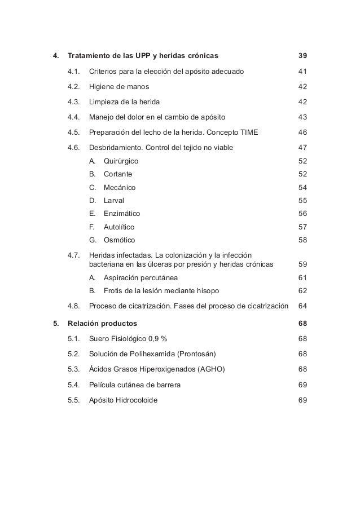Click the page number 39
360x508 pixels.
(302, 56)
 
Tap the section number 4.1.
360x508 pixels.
(74, 72)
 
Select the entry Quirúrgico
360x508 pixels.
(121, 161)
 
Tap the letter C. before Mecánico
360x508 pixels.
(93, 187)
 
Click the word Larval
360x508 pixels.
(114, 200)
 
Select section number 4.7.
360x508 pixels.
(74, 255)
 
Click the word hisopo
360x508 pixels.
(208, 291)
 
